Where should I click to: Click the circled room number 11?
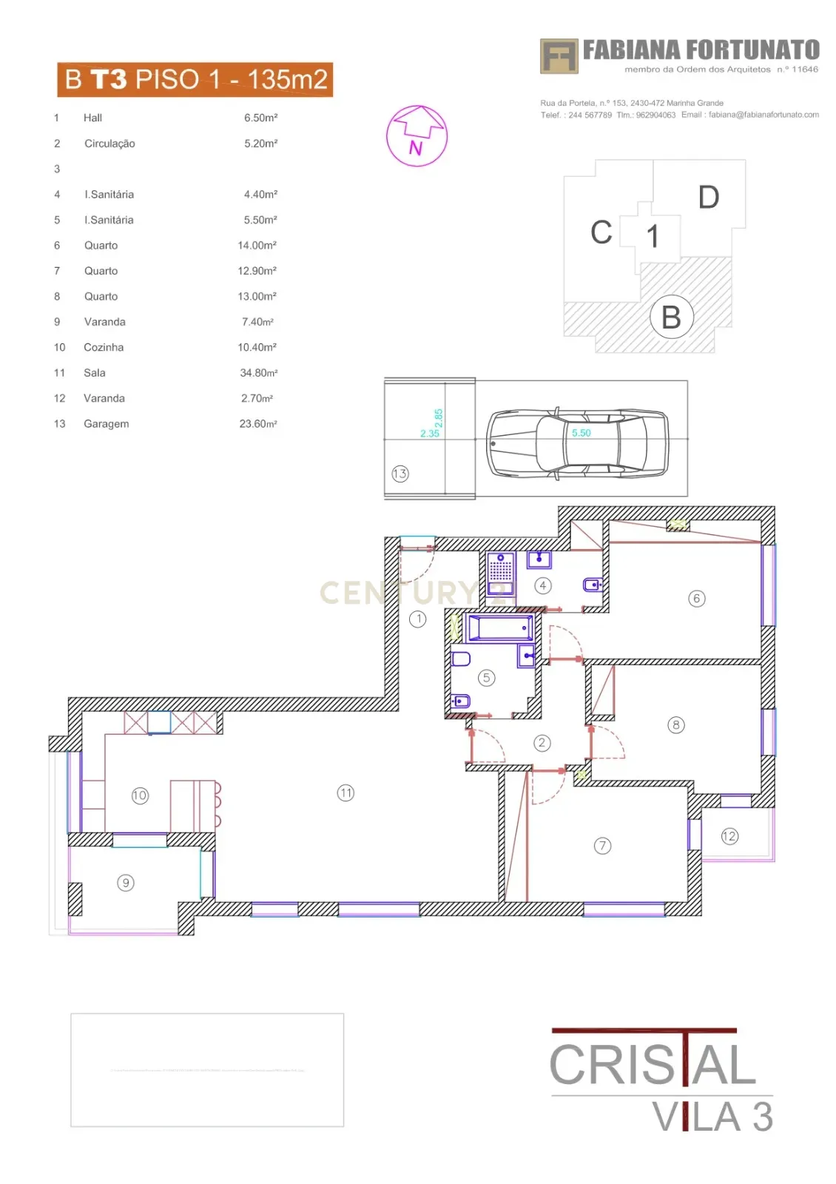[345, 793]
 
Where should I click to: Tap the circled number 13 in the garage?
[400, 474]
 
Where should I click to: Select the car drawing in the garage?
[577, 442]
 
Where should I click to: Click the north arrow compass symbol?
[417, 135]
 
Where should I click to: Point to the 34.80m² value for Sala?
[258, 373]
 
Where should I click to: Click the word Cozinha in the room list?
[104, 347]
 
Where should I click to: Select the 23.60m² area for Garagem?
[257, 424]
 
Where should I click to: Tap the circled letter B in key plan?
[671, 317]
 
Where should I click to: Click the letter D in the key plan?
[708, 197]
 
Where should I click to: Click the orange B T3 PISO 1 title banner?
[195, 79]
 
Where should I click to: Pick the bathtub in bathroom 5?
[501, 628]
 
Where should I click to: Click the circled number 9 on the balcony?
[126, 882]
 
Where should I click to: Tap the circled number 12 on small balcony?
[729, 836]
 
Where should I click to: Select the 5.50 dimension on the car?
[581, 433]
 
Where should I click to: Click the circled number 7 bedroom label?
[602, 845]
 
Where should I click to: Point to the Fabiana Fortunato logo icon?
[559, 56]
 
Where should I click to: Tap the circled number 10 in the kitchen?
[140, 795]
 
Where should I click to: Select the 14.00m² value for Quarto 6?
[257, 245]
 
